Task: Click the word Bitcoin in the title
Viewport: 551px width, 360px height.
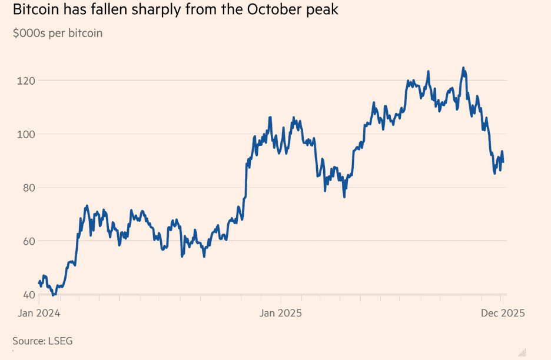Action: [x=35, y=10]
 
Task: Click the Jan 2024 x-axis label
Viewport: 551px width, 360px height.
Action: [x=38, y=313]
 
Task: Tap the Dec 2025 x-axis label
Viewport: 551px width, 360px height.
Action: [x=500, y=313]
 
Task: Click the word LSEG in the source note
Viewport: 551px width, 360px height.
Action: [x=61, y=341]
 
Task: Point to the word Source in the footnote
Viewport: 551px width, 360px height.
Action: [x=29, y=341]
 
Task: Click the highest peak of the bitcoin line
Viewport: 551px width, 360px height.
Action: [x=463, y=68]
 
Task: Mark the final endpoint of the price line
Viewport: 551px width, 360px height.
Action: [x=503, y=162]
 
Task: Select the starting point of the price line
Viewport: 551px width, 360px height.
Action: [x=39, y=282]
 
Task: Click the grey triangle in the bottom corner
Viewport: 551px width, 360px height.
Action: [x=522, y=352]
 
